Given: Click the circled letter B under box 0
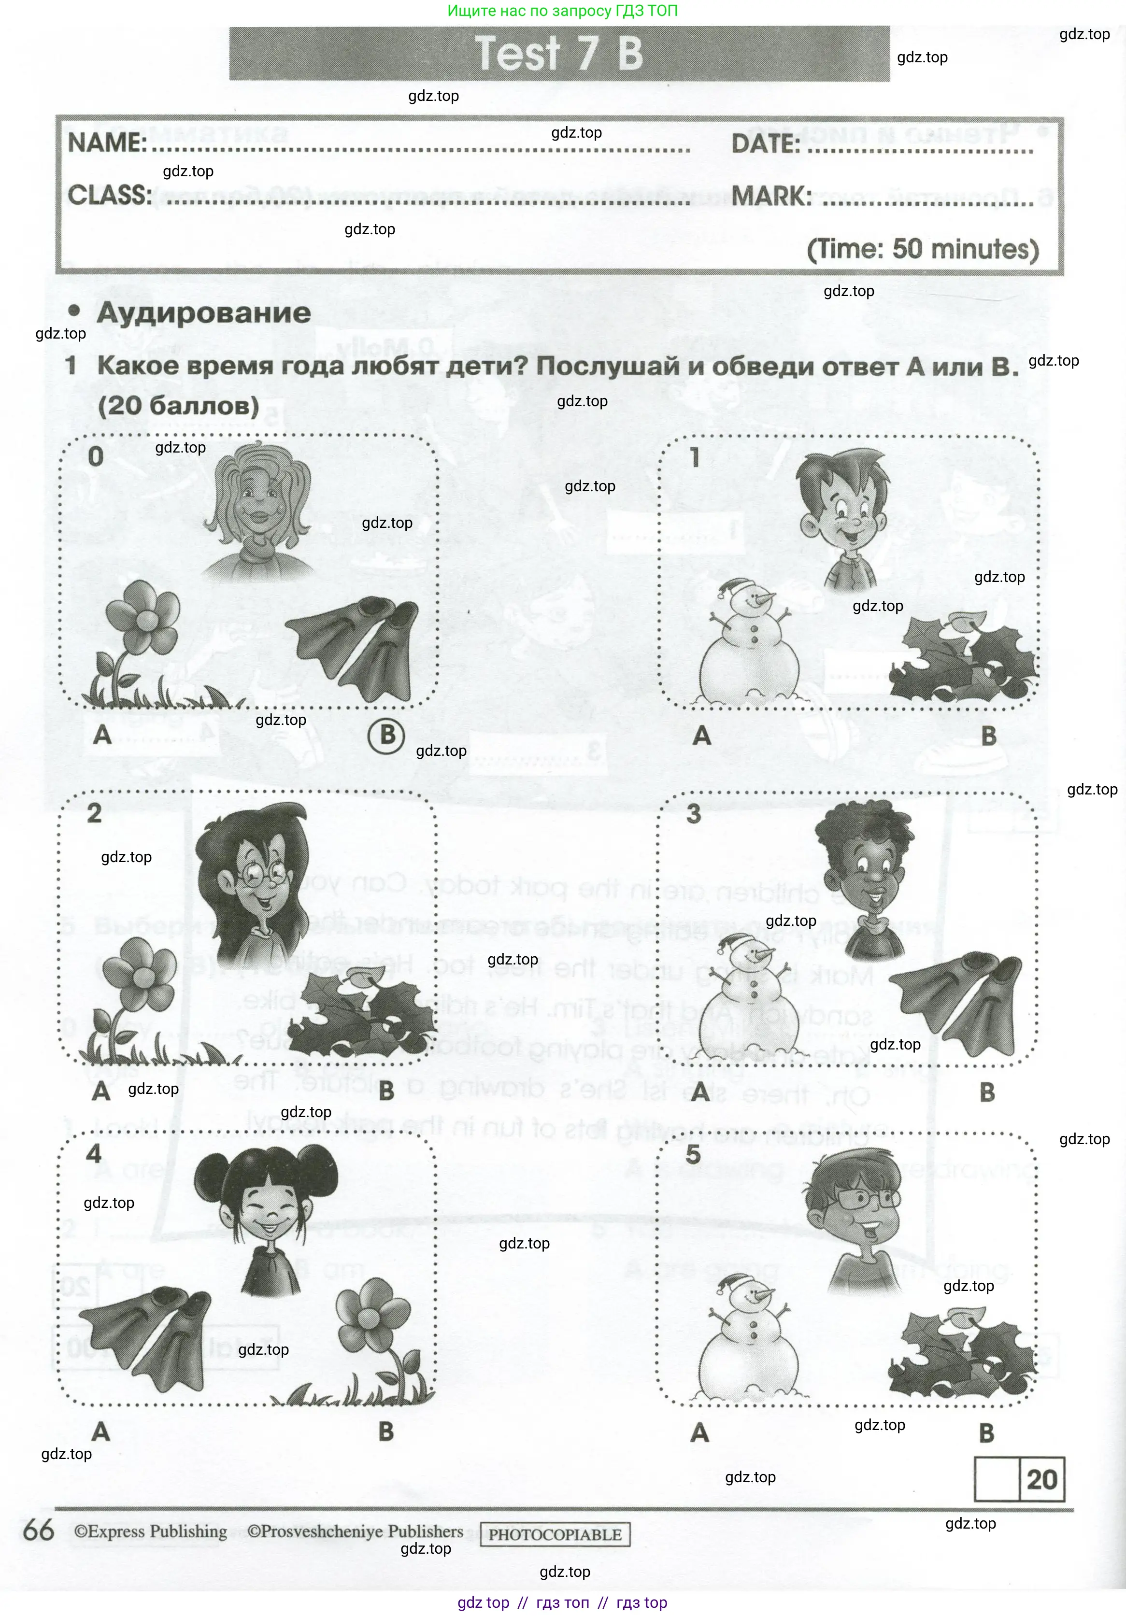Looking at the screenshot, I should coord(387,736).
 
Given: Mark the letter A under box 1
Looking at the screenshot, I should coord(702,736).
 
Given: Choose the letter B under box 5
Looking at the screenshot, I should coord(987,1433).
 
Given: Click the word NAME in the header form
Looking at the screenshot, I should coord(106,143).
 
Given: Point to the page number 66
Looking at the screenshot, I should coord(39,1531).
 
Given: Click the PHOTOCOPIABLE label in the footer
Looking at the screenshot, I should coord(555,1534).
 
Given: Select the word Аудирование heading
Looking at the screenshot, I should coord(203,313).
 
